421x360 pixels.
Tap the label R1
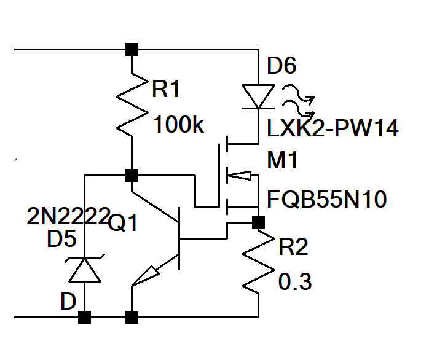coord(166,90)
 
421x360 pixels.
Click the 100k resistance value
coord(178,125)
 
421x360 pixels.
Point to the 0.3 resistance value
coord(295,282)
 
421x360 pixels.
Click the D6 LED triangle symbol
coord(258,96)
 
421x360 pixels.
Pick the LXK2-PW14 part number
coord(332,128)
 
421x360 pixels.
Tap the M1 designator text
coord(282,161)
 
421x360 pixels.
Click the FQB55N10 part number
coord(326,200)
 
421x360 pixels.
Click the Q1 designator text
coord(123,224)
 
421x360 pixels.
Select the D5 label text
coord(63,240)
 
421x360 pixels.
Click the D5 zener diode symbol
coord(85,268)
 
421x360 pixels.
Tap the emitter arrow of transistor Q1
coord(146,276)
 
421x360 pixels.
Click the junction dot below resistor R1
coord(131,175)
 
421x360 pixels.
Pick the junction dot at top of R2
coord(258,221)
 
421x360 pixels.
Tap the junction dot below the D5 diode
coord(85,317)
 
